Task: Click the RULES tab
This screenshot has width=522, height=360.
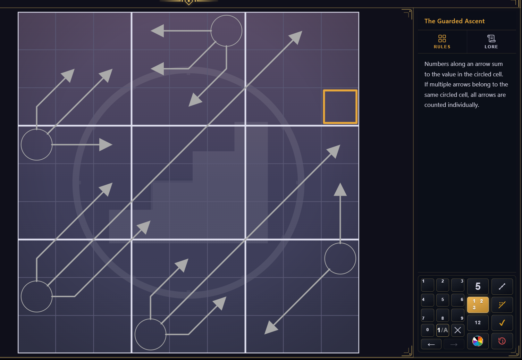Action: click(x=442, y=42)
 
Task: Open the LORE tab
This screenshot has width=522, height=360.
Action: click(x=491, y=42)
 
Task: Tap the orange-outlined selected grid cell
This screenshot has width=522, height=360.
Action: click(x=340, y=107)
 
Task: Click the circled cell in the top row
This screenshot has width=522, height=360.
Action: click(x=226, y=31)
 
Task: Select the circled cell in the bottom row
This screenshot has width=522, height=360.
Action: click(x=151, y=334)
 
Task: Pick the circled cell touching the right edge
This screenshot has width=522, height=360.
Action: click(x=340, y=259)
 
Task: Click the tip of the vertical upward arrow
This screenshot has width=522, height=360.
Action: click(x=340, y=183)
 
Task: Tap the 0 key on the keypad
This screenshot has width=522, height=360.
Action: click(x=427, y=330)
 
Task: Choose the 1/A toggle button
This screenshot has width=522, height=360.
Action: click(x=443, y=330)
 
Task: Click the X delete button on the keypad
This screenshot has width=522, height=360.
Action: click(x=458, y=330)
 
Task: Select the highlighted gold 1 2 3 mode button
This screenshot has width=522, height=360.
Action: click(x=478, y=304)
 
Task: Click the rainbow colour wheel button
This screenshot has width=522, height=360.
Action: click(x=478, y=341)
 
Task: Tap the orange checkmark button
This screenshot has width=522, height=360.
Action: click(x=502, y=323)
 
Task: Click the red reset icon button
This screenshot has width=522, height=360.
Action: click(x=502, y=341)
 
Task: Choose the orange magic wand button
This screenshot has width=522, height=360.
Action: click(x=502, y=304)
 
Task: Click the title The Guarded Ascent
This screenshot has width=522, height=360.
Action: click(x=454, y=21)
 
